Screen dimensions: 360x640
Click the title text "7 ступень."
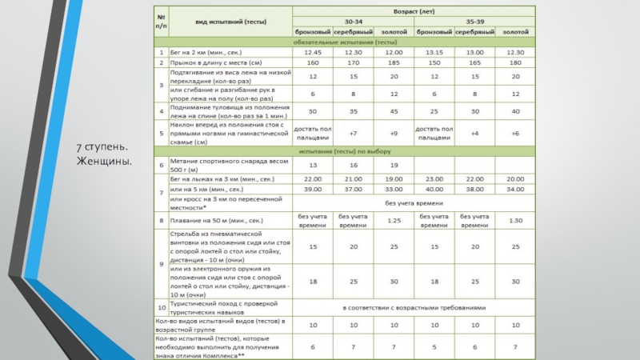click(x=102, y=150)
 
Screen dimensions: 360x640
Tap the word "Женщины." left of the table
click(x=105, y=163)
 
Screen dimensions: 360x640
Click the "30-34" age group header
click(x=353, y=22)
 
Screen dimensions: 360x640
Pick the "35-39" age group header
click(x=476, y=22)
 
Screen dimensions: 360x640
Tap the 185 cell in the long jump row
click(x=394, y=62)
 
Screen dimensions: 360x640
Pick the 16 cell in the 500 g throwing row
click(x=353, y=165)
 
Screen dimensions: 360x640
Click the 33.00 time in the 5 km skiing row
click(x=394, y=189)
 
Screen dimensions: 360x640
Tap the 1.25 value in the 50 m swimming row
click(x=394, y=220)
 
